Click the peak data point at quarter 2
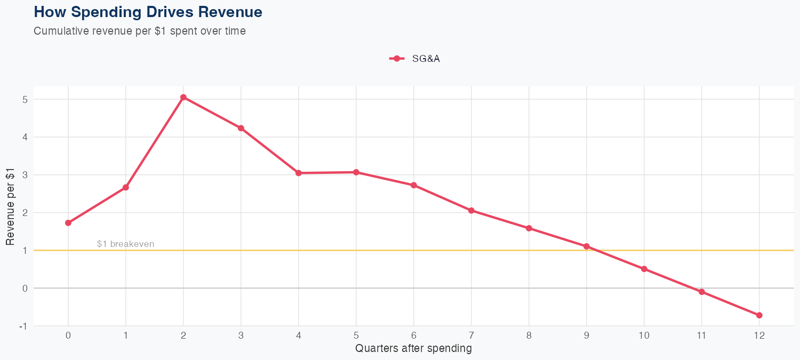(183, 97)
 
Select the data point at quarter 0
(68, 223)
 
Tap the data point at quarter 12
(759, 315)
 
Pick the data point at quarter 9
(587, 246)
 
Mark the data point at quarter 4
(299, 173)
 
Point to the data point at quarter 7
(471, 211)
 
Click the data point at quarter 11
(702, 292)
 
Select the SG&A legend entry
(415, 59)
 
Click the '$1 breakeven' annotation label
(125, 244)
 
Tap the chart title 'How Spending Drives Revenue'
(148, 12)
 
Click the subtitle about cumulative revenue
(140, 31)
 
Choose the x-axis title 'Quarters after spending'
(413, 349)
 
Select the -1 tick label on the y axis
(23, 326)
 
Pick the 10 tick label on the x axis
(644, 335)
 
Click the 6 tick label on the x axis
(414, 335)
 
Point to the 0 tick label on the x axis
(68, 335)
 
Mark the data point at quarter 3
(241, 128)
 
